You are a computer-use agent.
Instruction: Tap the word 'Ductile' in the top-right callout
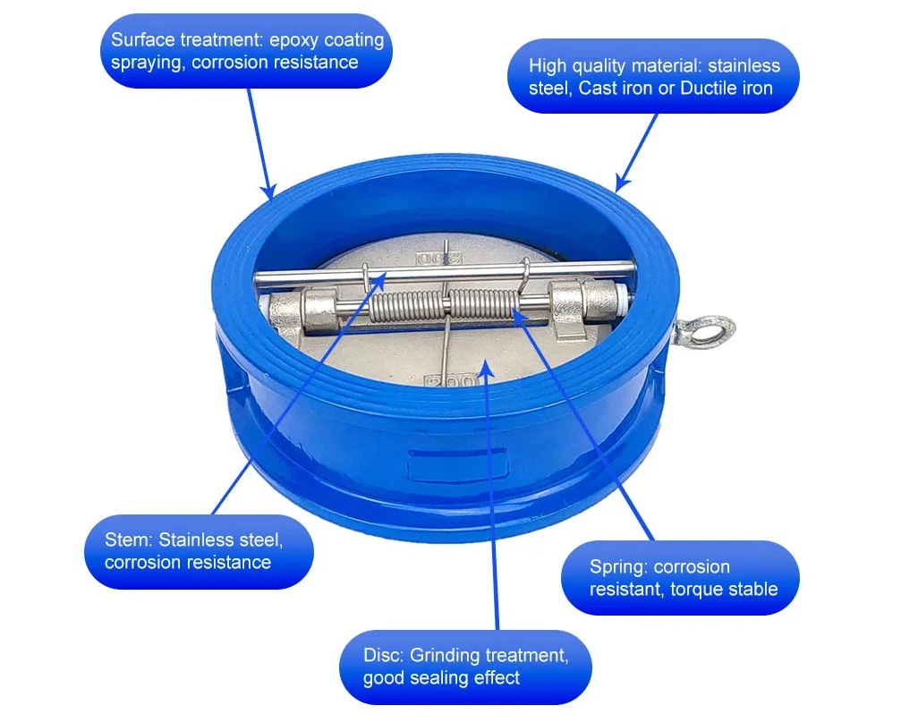[x=709, y=89]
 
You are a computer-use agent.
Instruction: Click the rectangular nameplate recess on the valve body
[x=457, y=465]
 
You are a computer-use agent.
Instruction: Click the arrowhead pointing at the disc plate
[x=485, y=370]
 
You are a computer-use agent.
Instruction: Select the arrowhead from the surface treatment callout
[x=268, y=191]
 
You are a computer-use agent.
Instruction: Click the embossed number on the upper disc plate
[x=438, y=258]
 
